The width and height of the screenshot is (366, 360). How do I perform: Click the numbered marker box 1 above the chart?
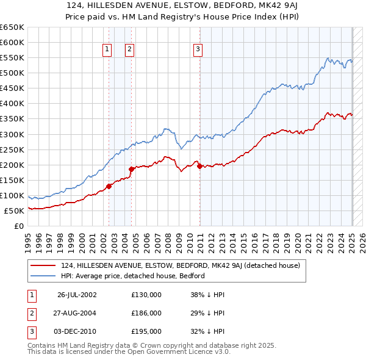coord(107,50)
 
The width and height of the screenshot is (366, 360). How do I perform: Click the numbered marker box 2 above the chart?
coord(130,50)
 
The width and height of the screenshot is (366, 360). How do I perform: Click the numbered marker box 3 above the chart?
coord(198,50)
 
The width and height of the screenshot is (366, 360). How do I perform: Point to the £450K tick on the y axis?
coord(12,88)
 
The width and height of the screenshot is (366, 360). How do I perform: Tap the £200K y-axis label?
coord(12,165)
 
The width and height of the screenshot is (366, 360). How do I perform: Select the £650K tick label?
coord(12,27)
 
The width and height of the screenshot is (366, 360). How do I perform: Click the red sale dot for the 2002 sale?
coord(109,186)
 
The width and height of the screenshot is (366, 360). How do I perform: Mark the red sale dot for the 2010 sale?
coord(199,166)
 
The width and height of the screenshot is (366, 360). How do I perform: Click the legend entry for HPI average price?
coord(132,276)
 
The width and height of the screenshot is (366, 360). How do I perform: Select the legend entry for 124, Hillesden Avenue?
coord(180,265)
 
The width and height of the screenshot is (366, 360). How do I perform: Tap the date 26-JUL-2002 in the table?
coord(77,295)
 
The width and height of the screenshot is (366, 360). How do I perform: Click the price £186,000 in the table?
coord(146,313)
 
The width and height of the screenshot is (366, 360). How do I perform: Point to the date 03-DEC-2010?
coord(77,331)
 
